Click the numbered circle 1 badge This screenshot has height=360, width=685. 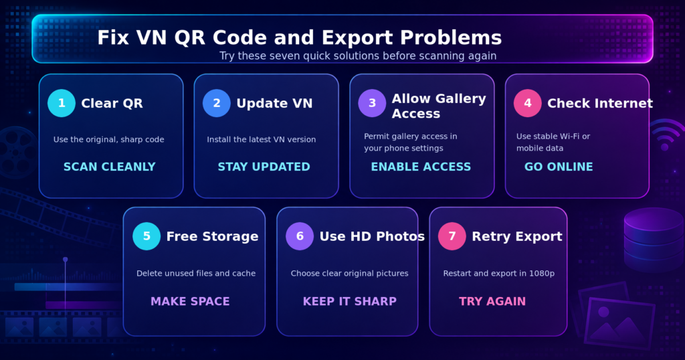click(62, 103)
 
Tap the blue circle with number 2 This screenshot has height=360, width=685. click(217, 103)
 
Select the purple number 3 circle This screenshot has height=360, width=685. click(372, 103)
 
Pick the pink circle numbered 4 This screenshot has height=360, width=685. click(528, 103)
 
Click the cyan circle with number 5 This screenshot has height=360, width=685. click(146, 236)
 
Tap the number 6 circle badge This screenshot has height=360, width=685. click(300, 236)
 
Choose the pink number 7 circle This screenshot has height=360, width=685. click(452, 236)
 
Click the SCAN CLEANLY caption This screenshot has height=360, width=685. click(110, 167)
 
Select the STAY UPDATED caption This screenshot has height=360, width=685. click(264, 167)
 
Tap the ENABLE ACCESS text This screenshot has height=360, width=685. click(421, 167)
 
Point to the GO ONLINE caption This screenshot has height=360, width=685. click(559, 167)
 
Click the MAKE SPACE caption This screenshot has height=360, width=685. click(190, 302)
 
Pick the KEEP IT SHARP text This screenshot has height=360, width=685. click(349, 302)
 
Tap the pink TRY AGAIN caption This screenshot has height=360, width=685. click(492, 302)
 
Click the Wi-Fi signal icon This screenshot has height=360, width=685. click(666, 133)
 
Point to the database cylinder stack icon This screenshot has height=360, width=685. click(654, 240)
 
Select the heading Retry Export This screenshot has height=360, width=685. click(517, 236)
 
